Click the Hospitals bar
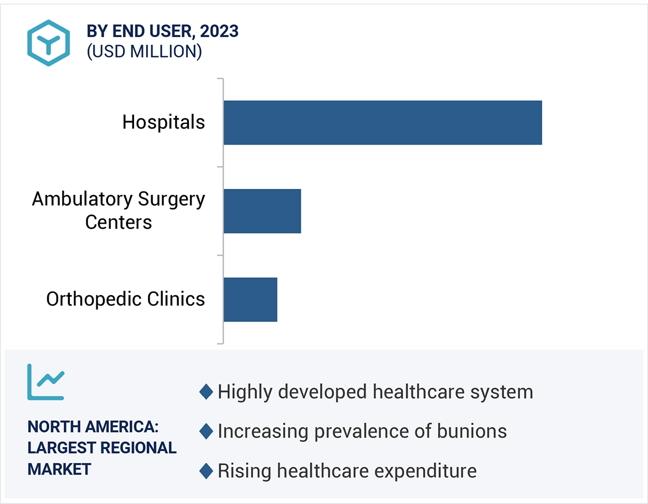(x=382, y=122)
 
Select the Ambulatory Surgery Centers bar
(x=262, y=211)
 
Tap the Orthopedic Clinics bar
(x=250, y=299)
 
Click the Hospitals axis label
(x=163, y=122)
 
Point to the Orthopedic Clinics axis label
(x=125, y=299)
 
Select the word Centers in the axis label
(x=119, y=222)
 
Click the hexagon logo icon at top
(x=49, y=43)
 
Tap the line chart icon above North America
(x=46, y=382)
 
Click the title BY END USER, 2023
(x=162, y=32)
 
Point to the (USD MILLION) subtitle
(x=144, y=52)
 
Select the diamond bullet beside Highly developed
(x=206, y=392)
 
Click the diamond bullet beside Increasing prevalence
(x=206, y=431)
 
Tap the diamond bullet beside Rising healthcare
(x=206, y=471)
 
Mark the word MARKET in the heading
(x=59, y=469)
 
